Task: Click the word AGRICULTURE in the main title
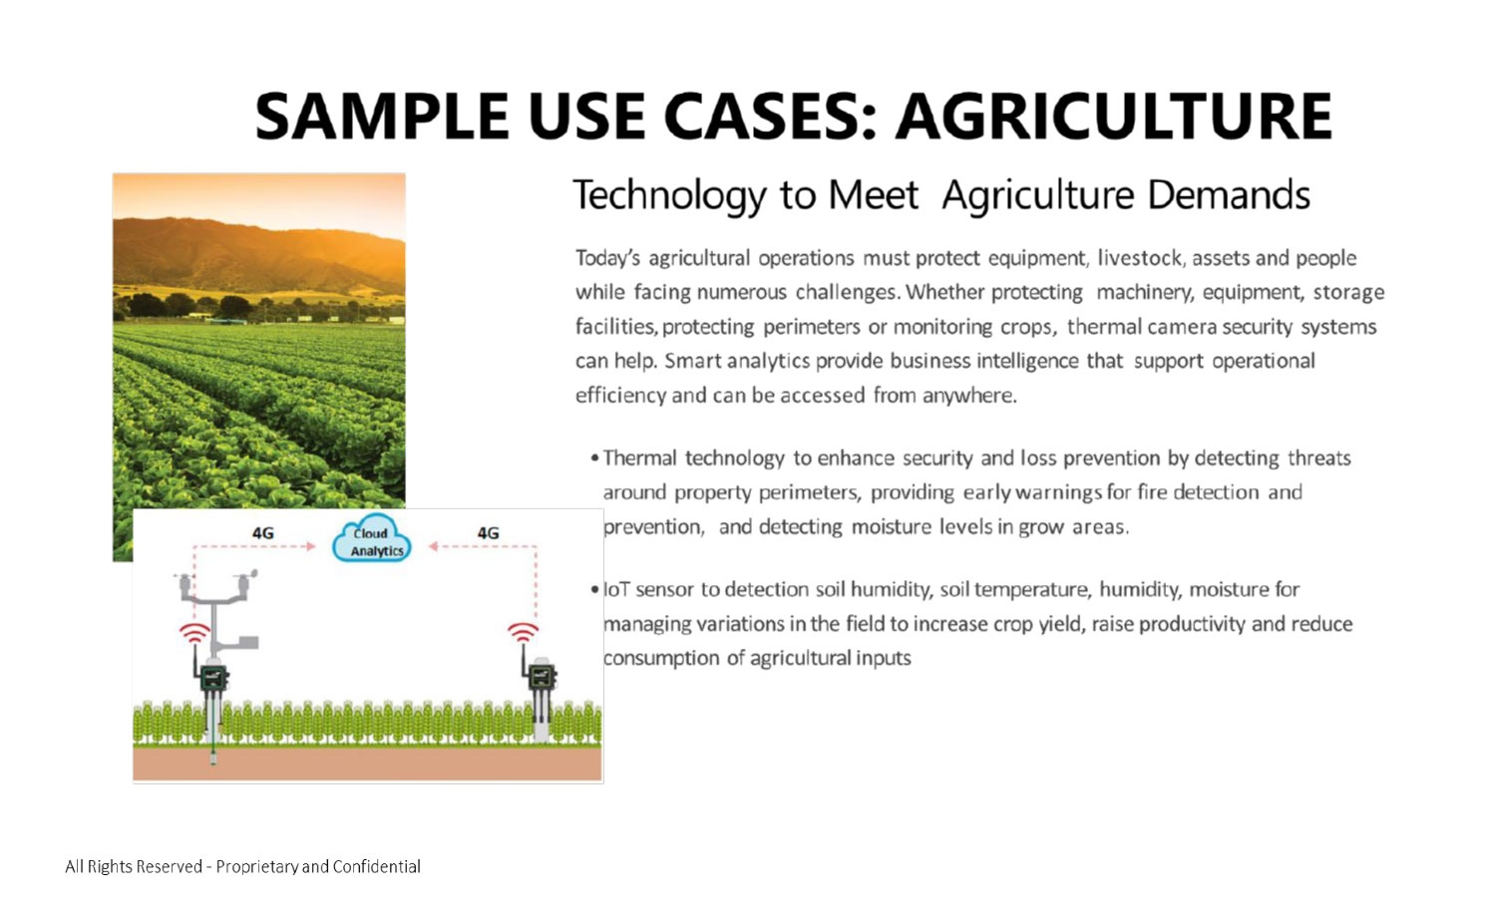[1114, 116]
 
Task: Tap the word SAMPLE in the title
[382, 116]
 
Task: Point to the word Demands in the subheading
[1228, 195]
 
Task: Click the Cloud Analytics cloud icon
[371, 539]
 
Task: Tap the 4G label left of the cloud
[262, 533]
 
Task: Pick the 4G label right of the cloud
[488, 533]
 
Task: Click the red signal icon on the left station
[194, 632]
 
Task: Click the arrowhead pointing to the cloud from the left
[310, 546]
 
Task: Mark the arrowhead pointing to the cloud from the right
[433, 546]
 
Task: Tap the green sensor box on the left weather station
[214, 678]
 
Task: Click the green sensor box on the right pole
[542, 678]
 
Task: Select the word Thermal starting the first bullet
[639, 458]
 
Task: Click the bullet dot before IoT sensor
[594, 590]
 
